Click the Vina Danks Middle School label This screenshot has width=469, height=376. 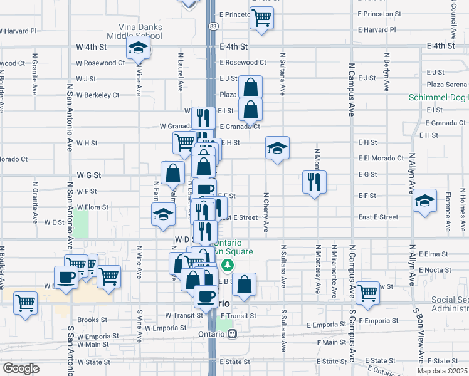click(x=140, y=31)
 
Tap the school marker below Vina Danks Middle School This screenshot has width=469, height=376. click(x=137, y=48)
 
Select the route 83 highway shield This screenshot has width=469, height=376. click(x=214, y=26)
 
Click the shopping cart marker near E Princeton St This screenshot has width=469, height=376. click(x=261, y=17)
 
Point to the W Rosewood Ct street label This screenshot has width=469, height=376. click(x=100, y=63)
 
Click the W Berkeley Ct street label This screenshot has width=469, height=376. click(x=97, y=95)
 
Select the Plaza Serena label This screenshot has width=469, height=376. click(x=446, y=84)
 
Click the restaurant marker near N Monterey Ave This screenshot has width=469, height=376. click(x=314, y=182)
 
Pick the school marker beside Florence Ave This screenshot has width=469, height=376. click(x=424, y=201)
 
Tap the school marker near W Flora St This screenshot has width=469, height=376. click(x=163, y=214)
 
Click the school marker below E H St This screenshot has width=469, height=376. click(x=277, y=148)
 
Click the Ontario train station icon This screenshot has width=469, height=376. click(x=232, y=334)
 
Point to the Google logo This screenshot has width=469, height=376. click(x=21, y=368)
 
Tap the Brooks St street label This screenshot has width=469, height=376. click(x=88, y=320)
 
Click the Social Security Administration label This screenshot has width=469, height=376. click(x=450, y=305)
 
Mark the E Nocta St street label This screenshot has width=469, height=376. click(x=432, y=270)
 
